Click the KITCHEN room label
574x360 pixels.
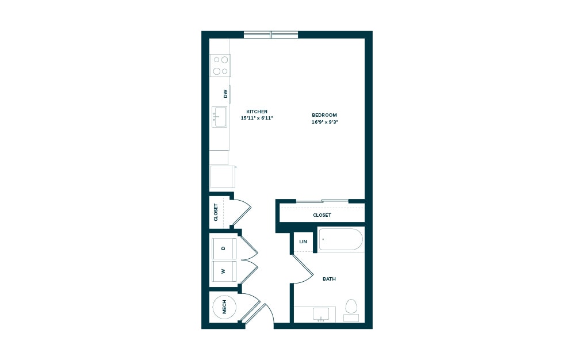coord(257,112)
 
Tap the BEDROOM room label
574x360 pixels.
coord(324,115)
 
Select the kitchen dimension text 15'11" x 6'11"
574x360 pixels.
coord(257,118)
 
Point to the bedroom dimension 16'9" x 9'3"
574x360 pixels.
coord(324,122)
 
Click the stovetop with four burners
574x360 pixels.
coord(220,65)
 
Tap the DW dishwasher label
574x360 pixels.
coord(225,93)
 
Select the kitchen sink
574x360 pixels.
coord(220,117)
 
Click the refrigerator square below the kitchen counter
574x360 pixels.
coord(221,177)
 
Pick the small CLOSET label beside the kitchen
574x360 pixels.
coord(216,212)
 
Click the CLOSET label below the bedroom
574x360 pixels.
coord(322,215)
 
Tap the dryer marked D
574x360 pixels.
coord(224,248)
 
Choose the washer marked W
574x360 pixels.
coord(224,271)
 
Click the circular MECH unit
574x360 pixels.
coord(225,307)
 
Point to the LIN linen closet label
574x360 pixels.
coord(303,243)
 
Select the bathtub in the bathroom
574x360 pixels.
coord(340,239)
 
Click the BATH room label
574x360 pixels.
coord(329,279)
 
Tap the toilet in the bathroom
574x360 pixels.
coord(351,309)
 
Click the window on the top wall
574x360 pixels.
coord(271,35)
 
